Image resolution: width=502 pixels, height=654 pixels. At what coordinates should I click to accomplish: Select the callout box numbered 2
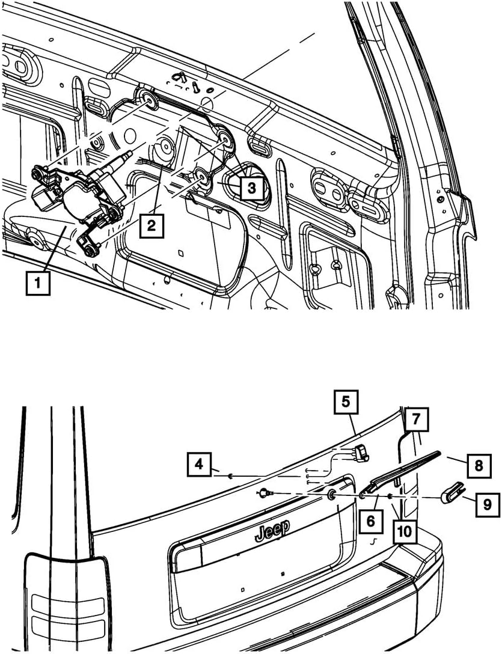coord(152,226)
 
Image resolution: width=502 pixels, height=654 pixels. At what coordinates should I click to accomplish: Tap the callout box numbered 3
coord(251,188)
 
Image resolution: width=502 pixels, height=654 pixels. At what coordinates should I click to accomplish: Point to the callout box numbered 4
coord(199,464)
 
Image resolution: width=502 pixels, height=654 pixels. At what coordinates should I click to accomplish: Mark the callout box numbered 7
coord(416,420)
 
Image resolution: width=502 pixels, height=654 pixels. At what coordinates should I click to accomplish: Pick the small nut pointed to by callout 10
coord(391,497)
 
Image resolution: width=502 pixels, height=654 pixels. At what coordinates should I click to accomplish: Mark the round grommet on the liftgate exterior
coord(331,495)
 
